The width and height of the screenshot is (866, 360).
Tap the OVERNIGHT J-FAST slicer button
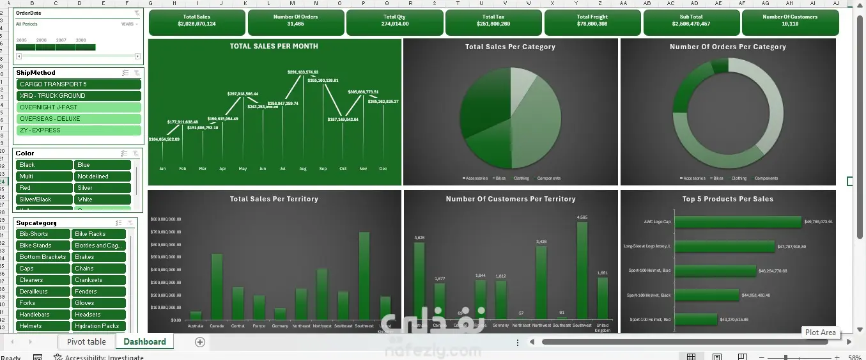(79, 107)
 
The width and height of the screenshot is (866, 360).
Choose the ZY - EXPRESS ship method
(79, 130)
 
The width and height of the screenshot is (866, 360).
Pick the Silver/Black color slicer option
(43, 200)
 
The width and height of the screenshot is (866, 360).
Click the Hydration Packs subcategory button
(100, 326)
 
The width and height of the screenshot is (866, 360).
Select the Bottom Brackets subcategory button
(43, 257)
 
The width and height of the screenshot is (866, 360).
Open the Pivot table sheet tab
(86, 342)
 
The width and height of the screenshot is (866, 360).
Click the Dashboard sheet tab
(144, 342)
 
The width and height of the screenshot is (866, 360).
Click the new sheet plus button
(200, 342)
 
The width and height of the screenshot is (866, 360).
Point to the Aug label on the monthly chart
(302, 169)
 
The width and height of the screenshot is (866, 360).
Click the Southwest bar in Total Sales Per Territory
(364, 276)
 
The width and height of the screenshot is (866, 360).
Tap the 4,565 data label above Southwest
(582, 217)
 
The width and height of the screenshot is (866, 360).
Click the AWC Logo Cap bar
(738, 222)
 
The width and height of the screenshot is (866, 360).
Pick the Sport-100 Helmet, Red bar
(695, 319)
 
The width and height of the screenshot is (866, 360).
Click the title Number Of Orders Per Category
(727, 47)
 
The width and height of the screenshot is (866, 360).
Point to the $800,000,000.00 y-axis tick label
(166, 219)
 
